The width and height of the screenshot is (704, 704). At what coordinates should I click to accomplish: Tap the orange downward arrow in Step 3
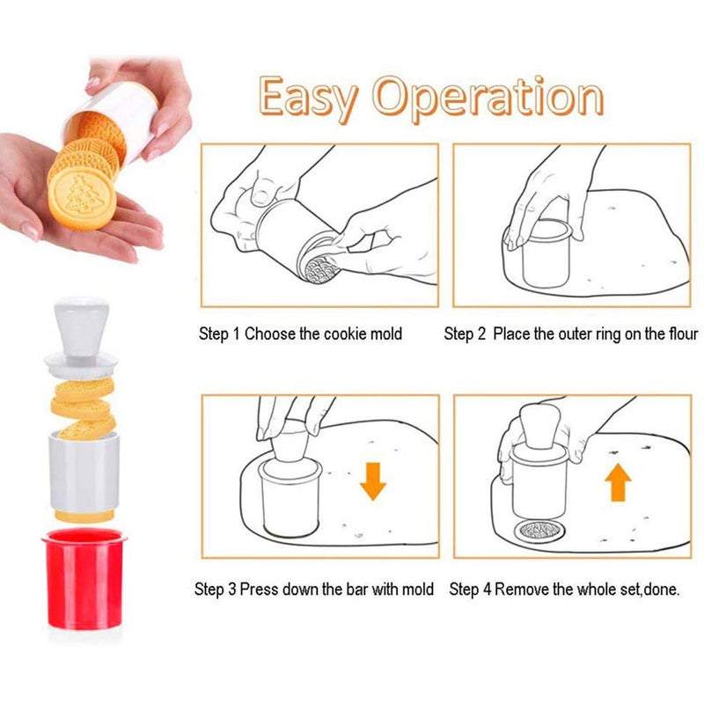point(372,480)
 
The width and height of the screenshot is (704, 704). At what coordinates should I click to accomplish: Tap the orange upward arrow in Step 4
point(618,482)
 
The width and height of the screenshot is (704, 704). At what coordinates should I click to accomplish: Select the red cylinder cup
point(84,579)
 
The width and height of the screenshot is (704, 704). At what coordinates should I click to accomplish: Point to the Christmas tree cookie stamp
point(83,199)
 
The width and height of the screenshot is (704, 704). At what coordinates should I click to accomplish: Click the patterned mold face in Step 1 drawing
point(320,269)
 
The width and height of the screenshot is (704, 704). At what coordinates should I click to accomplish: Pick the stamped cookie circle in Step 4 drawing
point(538,532)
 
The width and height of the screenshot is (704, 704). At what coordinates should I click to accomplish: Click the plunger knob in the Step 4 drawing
point(538,425)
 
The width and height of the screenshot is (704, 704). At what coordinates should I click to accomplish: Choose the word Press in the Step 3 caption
point(259,589)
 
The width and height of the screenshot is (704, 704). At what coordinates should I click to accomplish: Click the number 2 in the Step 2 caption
point(480,334)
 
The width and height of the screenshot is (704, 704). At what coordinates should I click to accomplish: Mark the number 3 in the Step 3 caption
point(231,590)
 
